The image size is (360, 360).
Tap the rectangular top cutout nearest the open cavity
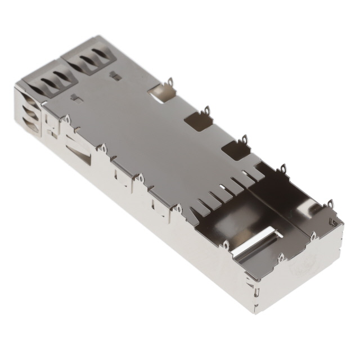pos(236,149)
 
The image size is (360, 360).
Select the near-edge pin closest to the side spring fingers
pos(66,119)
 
